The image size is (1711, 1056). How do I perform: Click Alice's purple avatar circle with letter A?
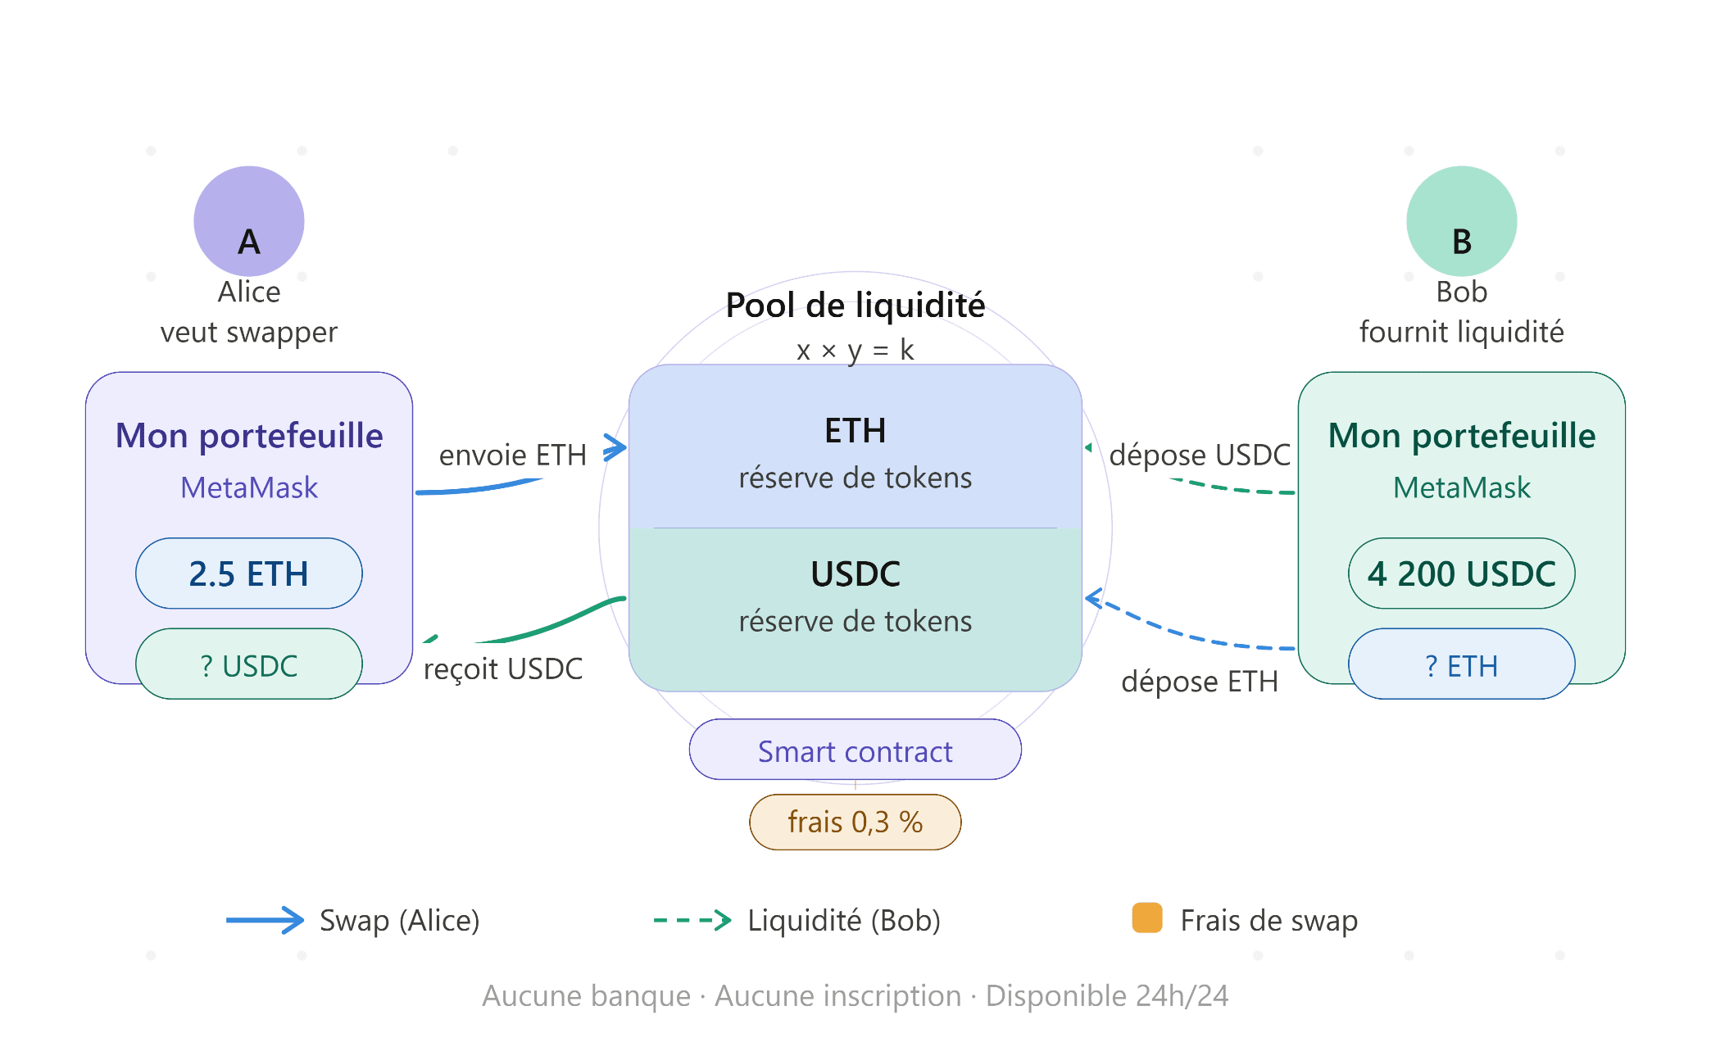click(248, 221)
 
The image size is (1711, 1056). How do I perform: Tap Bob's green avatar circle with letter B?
click(1461, 221)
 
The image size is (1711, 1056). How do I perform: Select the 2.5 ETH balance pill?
click(248, 573)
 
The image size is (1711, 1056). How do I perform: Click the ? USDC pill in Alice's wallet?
click(248, 664)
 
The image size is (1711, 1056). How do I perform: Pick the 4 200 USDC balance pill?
click(1461, 573)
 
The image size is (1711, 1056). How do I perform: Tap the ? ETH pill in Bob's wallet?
click(1461, 664)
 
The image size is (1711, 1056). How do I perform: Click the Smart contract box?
click(855, 750)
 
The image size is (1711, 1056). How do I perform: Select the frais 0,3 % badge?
click(855, 822)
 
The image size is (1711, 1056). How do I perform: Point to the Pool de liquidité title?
click(855, 306)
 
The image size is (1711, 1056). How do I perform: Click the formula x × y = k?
click(855, 350)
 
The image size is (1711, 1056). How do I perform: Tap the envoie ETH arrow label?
click(512, 455)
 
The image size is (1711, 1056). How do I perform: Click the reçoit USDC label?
click(502, 668)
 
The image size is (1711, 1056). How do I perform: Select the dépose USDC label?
click(1200, 455)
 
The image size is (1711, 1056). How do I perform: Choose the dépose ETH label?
click(1200, 681)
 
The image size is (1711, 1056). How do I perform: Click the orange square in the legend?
click(1147, 918)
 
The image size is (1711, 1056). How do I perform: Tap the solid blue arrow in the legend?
click(265, 920)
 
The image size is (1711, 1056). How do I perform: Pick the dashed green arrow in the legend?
click(692, 920)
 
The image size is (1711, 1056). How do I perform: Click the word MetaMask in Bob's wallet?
click(1461, 487)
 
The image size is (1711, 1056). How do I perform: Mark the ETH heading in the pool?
click(855, 431)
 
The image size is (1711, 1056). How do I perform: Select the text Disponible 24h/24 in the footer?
click(1106, 995)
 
